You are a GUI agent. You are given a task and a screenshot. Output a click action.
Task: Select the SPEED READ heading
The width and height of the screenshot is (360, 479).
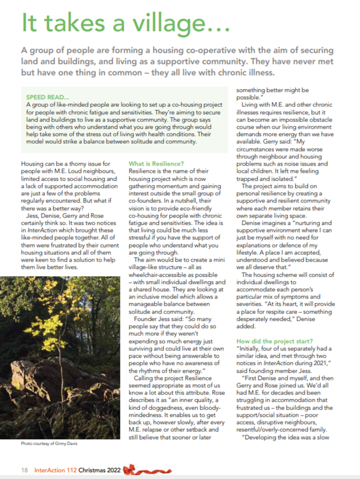click(x=45, y=97)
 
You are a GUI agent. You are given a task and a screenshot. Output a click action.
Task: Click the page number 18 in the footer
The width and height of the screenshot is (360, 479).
click(x=23, y=470)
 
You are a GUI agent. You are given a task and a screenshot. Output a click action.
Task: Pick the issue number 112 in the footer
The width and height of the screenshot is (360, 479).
click(x=69, y=470)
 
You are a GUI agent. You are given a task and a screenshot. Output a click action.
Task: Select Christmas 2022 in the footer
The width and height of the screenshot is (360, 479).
click(x=100, y=470)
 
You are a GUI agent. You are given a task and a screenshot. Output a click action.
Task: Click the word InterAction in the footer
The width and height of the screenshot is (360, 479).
click(x=49, y=470)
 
